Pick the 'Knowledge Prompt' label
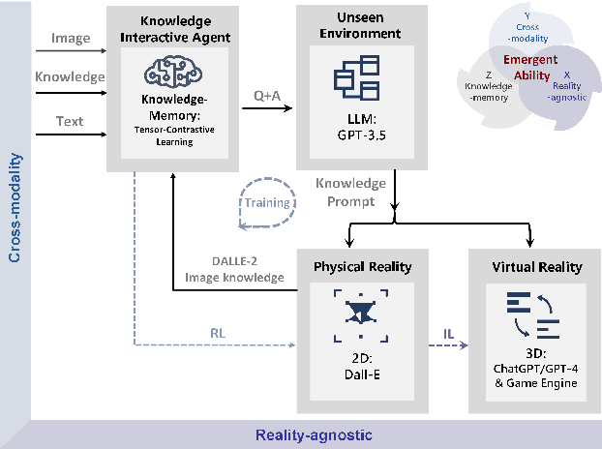click(350, 191)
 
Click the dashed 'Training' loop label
click(267, 203)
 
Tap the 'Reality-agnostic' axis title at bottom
click(315, 435)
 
